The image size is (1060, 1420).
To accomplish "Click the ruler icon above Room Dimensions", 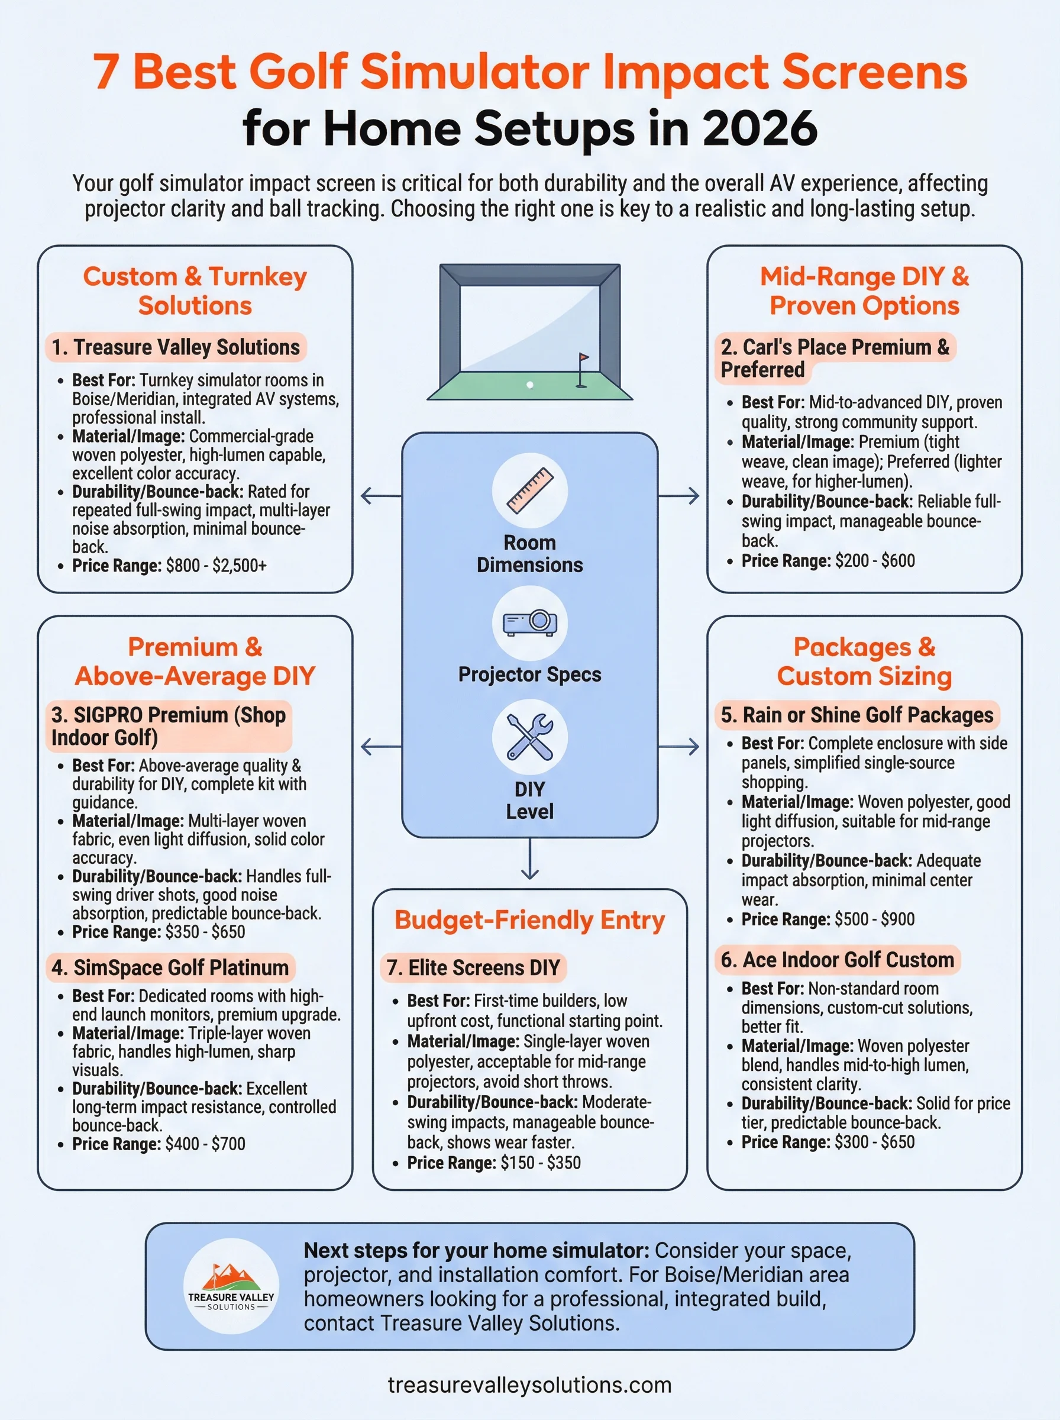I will (x=529, y=490).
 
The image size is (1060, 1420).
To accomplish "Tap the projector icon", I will (x=529, y=622).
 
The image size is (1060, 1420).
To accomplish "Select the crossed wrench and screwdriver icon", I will (x=529, y=737).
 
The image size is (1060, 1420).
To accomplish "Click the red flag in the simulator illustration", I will (x=583, y=357).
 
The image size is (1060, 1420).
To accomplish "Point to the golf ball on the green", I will (x=529, y=385).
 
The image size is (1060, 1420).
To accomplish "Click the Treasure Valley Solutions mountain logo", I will (x=231, y=1286).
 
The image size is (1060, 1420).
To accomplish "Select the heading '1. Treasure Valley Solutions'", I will (x=175, y=347).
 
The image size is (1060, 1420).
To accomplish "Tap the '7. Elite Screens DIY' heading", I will (x=474, y=967).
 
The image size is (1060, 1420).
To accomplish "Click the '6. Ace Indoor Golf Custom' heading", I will (x=837, y=959).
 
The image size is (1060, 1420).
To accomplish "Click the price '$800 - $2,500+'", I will (x=216, y=565).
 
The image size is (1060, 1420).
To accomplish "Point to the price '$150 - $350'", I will (x=540, y=1162).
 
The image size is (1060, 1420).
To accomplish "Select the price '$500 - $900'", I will (x=875, y=919).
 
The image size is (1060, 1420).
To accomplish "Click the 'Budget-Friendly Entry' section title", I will (x=529, y=919).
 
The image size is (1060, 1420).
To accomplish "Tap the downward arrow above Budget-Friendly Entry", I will (x=529, y=860).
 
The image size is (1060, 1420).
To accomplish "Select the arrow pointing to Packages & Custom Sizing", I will (x=680, y=746).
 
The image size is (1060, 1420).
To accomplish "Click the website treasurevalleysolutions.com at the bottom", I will (x=529, y=1384).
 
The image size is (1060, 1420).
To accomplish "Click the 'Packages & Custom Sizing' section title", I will (x=864, y=661).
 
